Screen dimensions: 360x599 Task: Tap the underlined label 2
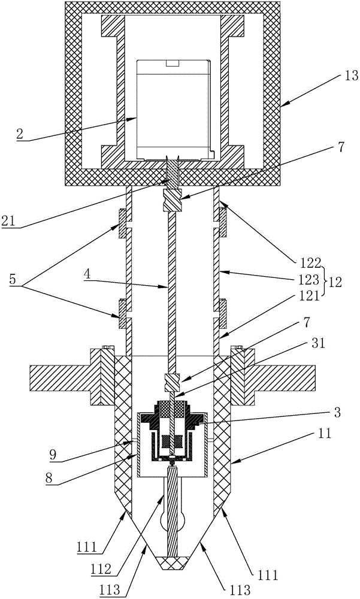[x=20, y=135]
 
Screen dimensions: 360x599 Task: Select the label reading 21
[x=8, y=222]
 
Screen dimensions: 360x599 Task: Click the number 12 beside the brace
[x=335, y=282]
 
